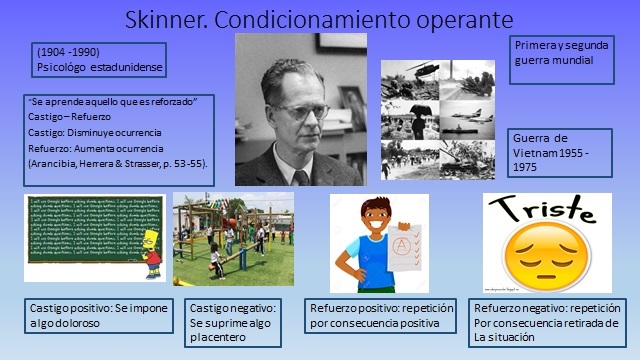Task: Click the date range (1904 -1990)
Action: tap(66, 51)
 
